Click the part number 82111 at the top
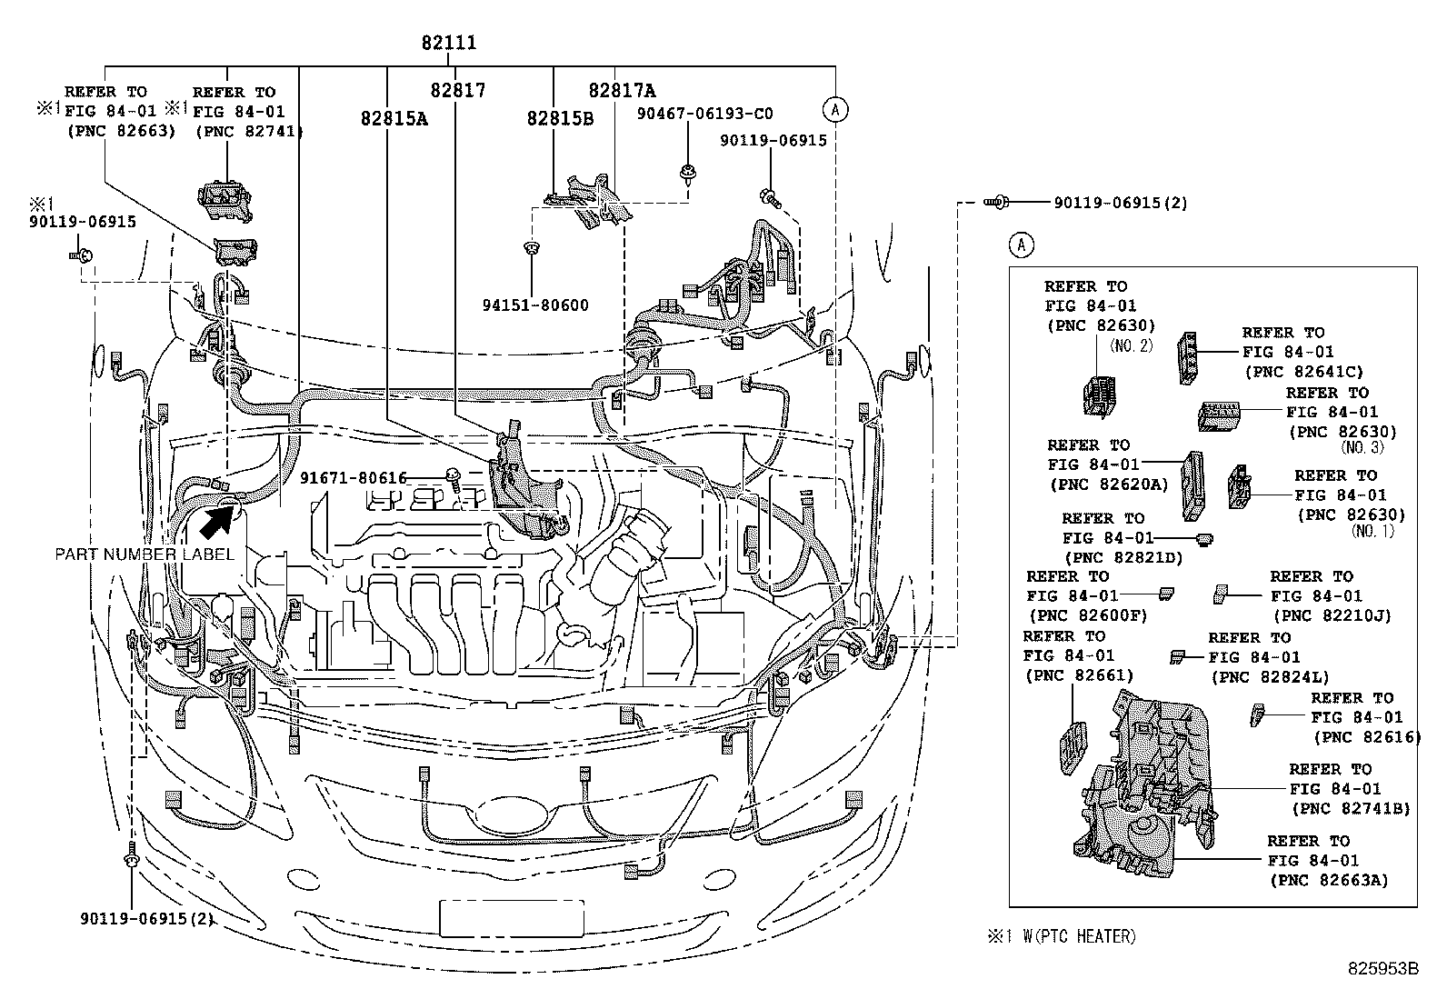[x=448, y=43]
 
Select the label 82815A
[x=394, y=119]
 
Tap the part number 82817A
[x=622, y=90]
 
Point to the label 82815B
[x=560, y=118]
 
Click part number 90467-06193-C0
[x=704, y=114]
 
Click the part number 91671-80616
[x=354, y=477]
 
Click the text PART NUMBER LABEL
[x=145, y=554]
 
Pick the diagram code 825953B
[x=1382, y=969]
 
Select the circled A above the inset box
[x=1022, y=245]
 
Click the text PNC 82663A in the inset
[x=1329, y=880]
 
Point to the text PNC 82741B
[x=1351, y=809]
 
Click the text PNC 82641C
[x=1303, y=371]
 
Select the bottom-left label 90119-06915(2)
[x=145, y=918]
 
